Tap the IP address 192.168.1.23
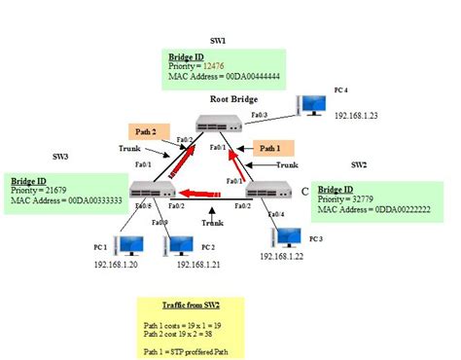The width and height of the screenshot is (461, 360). click(x=356, y=115)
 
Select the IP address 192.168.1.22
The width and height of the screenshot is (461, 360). click(x=283, y=256)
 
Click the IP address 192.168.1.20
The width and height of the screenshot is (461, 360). click(x=117, y=265)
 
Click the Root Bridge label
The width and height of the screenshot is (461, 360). click(x=234, y=99)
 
